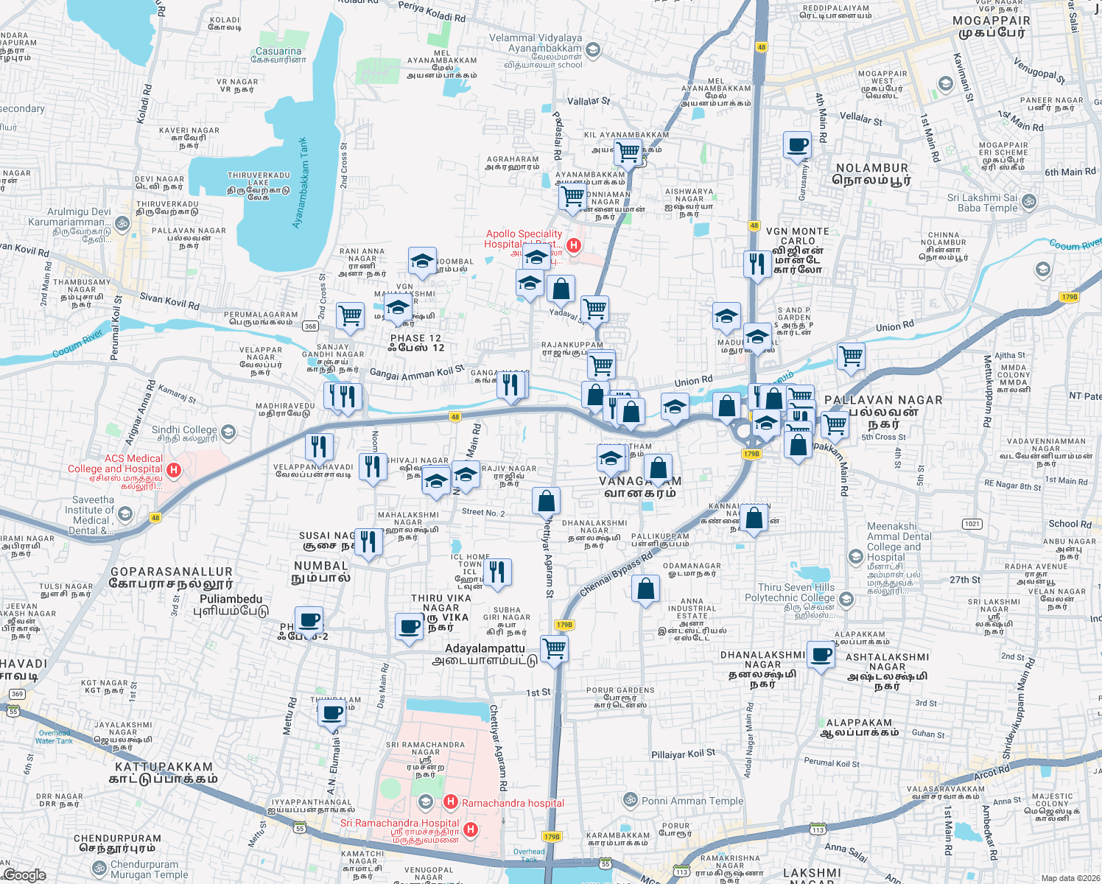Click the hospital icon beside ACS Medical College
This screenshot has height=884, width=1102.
click(174, 469)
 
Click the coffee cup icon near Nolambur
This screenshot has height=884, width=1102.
click(796, 144)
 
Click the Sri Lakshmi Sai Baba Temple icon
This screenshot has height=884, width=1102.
click(1029, 200)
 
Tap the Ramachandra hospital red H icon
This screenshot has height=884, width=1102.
click(451, 801)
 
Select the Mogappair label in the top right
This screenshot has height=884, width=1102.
click(992, 27)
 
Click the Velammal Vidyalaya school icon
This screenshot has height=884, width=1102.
click(593, 50)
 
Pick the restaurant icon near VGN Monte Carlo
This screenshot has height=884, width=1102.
click(757, 263)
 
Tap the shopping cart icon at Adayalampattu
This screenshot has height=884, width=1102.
click(554, 649)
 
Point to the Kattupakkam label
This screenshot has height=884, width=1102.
click(163, 773)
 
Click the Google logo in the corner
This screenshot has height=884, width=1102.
click(24, 874)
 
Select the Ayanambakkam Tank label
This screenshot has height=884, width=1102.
click(300, 183)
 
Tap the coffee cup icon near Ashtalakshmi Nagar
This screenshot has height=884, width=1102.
click(821, 654)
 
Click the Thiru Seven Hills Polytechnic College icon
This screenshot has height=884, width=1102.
click(846, 599)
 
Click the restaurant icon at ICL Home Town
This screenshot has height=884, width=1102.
click(497, 572)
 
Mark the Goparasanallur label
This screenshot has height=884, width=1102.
click(172, 577)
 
